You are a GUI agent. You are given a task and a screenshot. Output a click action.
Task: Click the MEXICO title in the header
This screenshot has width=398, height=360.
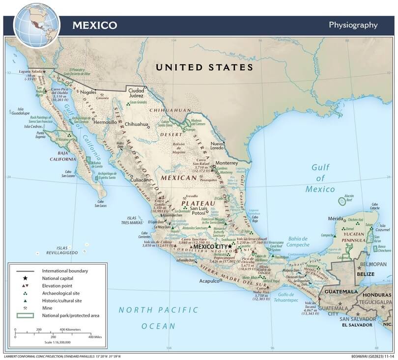[x=95, y=25]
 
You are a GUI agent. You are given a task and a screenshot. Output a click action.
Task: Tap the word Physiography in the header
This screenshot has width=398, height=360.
[x=353, y=25]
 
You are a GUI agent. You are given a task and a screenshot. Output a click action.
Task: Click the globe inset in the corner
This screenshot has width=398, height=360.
[x=36, y=24]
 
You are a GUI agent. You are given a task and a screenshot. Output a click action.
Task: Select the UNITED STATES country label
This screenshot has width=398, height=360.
[x=204, y=67]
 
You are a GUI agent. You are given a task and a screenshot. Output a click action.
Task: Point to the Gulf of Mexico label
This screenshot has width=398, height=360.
[x=320, y=178]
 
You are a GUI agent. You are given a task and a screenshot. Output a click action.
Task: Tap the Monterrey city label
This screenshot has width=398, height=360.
[x=227, y=163]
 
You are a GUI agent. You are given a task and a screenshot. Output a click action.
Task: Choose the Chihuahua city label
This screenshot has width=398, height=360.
[x=136, y=124]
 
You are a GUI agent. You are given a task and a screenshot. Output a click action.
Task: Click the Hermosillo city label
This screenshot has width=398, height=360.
[x=105, y=121]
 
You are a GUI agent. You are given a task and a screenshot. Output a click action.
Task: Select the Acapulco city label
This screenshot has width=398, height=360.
[x=208, y=281]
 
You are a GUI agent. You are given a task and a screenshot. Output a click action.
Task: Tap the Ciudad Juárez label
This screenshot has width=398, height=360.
[x=136, y=93]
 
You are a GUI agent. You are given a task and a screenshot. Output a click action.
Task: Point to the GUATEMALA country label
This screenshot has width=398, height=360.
[x=339, y=291]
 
